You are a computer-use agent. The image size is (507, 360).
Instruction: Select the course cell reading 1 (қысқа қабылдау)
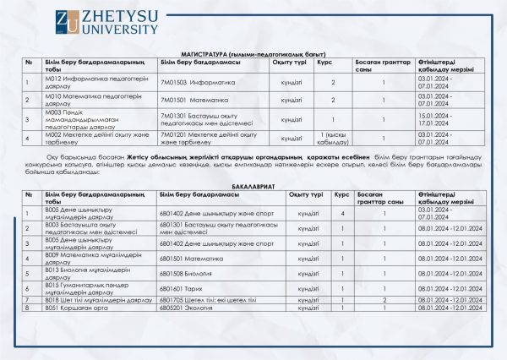pos(333,139)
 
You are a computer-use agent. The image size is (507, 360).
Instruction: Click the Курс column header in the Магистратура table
pos(324,62)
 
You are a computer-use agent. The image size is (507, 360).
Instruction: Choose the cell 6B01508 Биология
pos(181,274)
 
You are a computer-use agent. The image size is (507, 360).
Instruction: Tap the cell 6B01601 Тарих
pos(176,288)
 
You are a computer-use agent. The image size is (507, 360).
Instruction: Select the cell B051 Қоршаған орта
pos(73,308)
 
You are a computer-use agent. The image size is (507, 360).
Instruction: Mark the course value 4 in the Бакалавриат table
pos(342,214)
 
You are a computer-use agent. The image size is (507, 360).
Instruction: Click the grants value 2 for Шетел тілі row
pos(384,299)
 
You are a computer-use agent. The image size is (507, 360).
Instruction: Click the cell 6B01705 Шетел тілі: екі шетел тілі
pos(200,299)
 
